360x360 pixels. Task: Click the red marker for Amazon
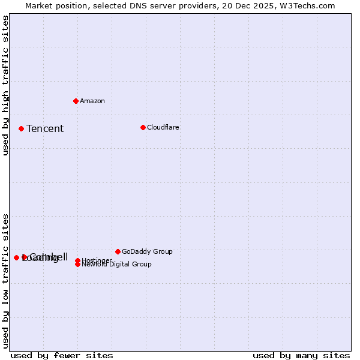pyautogui.click(x=76, y=101)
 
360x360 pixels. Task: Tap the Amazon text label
pyautogui.click(x=92, y=101)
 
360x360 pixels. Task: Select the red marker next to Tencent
pyautogui.click(x=21, y=128)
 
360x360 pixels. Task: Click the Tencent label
pyautogui.click(x=45, y=128)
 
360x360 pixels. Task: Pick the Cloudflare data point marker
pyautogui.click(x=143, y=127)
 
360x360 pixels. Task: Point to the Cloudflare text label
pyautogui.click(x=163, y=127)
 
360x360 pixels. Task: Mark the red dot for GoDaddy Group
pyautogui.click(x=118, y=251)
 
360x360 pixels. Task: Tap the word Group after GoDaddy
pyautogui.click(x=162, y=251)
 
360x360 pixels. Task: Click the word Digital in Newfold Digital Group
pyautogui.click(x=119, y=264)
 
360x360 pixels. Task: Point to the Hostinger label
pyautogui.click(x=97, y=260)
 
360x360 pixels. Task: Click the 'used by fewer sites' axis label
pyautogui.click(x=62, y=355)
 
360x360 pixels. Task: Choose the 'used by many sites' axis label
pyautogui.click(x=301, y=355)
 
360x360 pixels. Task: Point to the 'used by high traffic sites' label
pyautogui.click(x=5, y=85)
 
